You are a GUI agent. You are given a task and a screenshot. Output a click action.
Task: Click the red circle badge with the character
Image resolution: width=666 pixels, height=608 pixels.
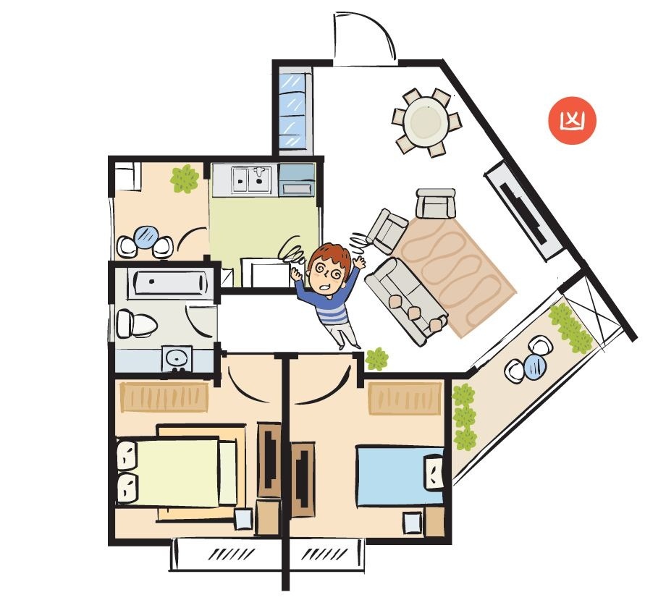click(x=572, y=121)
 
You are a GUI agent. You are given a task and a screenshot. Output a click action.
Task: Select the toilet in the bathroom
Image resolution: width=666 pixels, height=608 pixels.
click(x=136, y=324)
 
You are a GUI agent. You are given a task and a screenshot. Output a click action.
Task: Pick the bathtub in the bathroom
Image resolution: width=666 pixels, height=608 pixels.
click(x=170, y=282)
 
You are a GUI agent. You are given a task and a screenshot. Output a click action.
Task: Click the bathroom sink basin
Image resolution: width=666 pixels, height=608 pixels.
click(x=177, y=358)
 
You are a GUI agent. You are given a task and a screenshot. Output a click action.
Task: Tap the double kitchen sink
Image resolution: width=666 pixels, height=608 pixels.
click(x=251, y=180)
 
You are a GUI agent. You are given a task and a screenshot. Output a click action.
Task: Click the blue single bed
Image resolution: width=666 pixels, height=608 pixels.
click(x=400, y=476)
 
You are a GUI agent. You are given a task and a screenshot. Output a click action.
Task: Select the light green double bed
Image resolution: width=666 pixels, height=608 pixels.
click(x=176, y=472)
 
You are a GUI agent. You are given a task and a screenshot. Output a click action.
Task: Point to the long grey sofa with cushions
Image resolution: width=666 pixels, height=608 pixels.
click(x=406, y=300)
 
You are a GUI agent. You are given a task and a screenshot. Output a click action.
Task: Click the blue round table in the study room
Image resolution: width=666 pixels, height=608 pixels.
click(x=146, y=237)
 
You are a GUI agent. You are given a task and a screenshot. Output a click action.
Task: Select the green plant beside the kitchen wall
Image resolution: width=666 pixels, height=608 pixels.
click(x=185, y=179)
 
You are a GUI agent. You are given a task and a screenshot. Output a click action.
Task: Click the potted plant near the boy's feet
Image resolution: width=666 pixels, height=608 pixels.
click(x=376, y=359)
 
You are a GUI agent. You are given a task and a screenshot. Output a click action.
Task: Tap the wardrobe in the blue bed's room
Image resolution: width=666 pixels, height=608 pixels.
click(x=405, y=398)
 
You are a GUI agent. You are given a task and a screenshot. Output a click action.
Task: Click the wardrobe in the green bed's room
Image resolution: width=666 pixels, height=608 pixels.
click(x=164, y=397)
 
